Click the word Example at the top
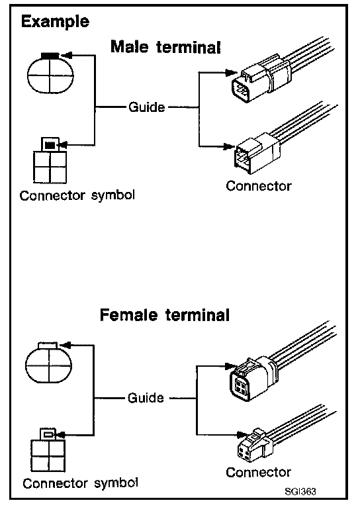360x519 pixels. tap(55, 22)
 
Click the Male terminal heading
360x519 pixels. tap(165, 46)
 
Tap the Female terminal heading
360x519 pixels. tap(164, 315)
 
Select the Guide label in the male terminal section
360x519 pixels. tap(147, 107)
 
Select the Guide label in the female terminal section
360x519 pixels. tap(146, 397)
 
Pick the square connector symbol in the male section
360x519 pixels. tap(50, 160)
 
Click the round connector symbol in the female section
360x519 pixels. tap(49, 363)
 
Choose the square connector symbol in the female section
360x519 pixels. tap(48, 450)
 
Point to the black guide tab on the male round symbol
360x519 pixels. tap(50, 56)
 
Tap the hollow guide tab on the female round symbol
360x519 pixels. tap(48, 346)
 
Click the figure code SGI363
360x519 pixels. tap(300, 491)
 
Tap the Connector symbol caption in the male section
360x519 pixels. tap(77, 195)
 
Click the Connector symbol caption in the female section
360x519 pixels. tap(81, 483)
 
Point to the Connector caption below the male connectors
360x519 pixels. tap(259, 185)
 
